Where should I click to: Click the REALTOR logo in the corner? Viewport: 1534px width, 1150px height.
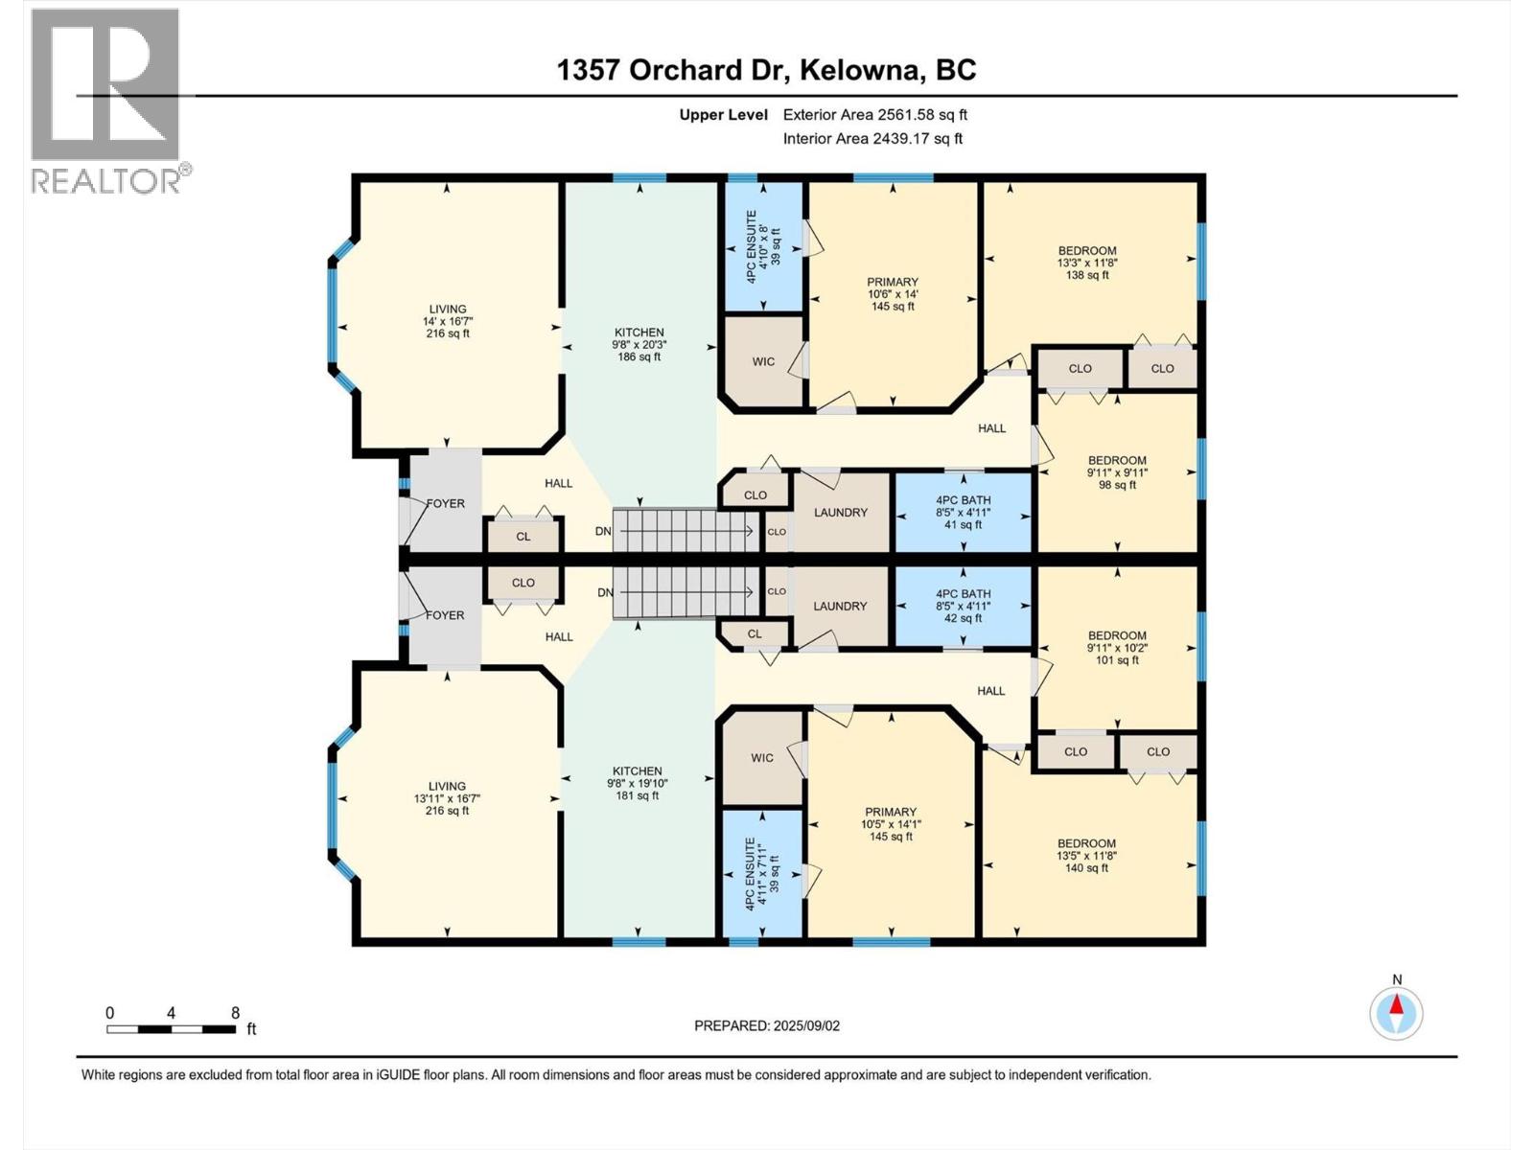pos(105,101)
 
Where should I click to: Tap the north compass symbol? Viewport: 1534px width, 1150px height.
pos(1396,1012)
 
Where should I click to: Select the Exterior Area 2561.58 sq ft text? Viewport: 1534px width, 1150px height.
pos(874,114)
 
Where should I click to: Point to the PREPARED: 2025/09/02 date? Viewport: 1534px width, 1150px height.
pos(767,1025)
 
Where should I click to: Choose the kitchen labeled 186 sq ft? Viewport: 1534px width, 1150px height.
pos(639,344)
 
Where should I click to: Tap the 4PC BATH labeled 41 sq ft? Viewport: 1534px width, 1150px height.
pos(963,512)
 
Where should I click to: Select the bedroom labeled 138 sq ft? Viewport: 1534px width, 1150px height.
pos(1087,263)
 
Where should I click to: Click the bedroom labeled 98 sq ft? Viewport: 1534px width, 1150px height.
pos(1117,471)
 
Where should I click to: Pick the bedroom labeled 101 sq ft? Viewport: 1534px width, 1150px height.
pos(1117,647)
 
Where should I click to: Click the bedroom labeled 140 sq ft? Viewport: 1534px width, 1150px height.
pos(1086,856)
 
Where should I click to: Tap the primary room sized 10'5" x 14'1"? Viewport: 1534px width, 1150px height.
pos(890,823)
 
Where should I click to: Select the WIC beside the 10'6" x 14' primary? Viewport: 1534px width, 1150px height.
pos(763,361)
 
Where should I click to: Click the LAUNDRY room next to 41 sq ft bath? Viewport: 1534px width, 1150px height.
pos(841,513)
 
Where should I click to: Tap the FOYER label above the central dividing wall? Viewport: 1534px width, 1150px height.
pos(445,503)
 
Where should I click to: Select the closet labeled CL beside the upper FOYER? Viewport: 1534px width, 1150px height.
pos(523,536)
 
